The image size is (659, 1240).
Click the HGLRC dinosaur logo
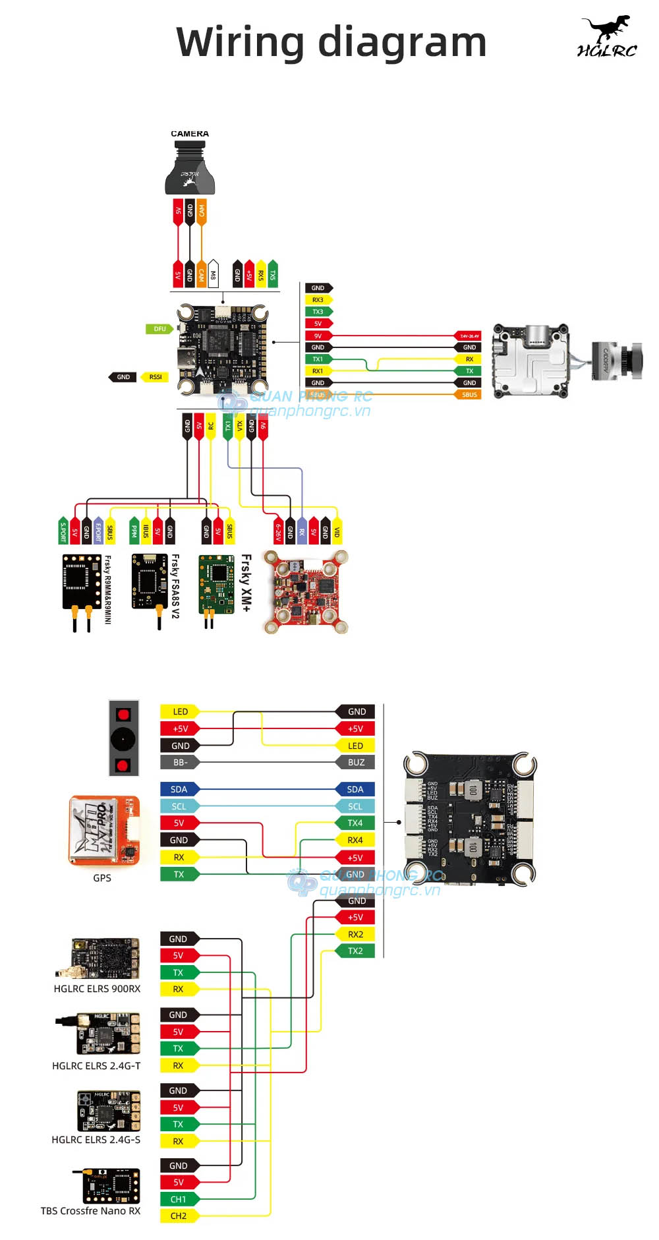pos(607,37)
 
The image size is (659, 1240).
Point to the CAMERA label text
pos(190,134)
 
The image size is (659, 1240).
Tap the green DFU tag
pos(159,328)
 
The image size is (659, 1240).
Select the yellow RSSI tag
pos(155,377)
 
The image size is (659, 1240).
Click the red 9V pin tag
pos(318,336)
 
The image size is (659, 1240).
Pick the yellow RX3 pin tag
pos(318,300)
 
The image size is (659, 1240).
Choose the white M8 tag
pos(213,274)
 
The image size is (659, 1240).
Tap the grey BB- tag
pos(180,763)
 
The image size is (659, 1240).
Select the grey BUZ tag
pos(356,763)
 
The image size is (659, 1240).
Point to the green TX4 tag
pos(355,823)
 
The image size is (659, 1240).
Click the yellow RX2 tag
pos(355,934)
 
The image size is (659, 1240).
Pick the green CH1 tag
pos(179,1199)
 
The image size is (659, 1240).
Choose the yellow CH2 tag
pos(179,1216)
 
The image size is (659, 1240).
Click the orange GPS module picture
pos(104,831)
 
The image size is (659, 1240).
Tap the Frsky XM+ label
pos(246,583)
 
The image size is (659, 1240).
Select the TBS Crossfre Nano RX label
pos(90,1211)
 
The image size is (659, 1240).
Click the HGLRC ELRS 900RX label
pos(97,989)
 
